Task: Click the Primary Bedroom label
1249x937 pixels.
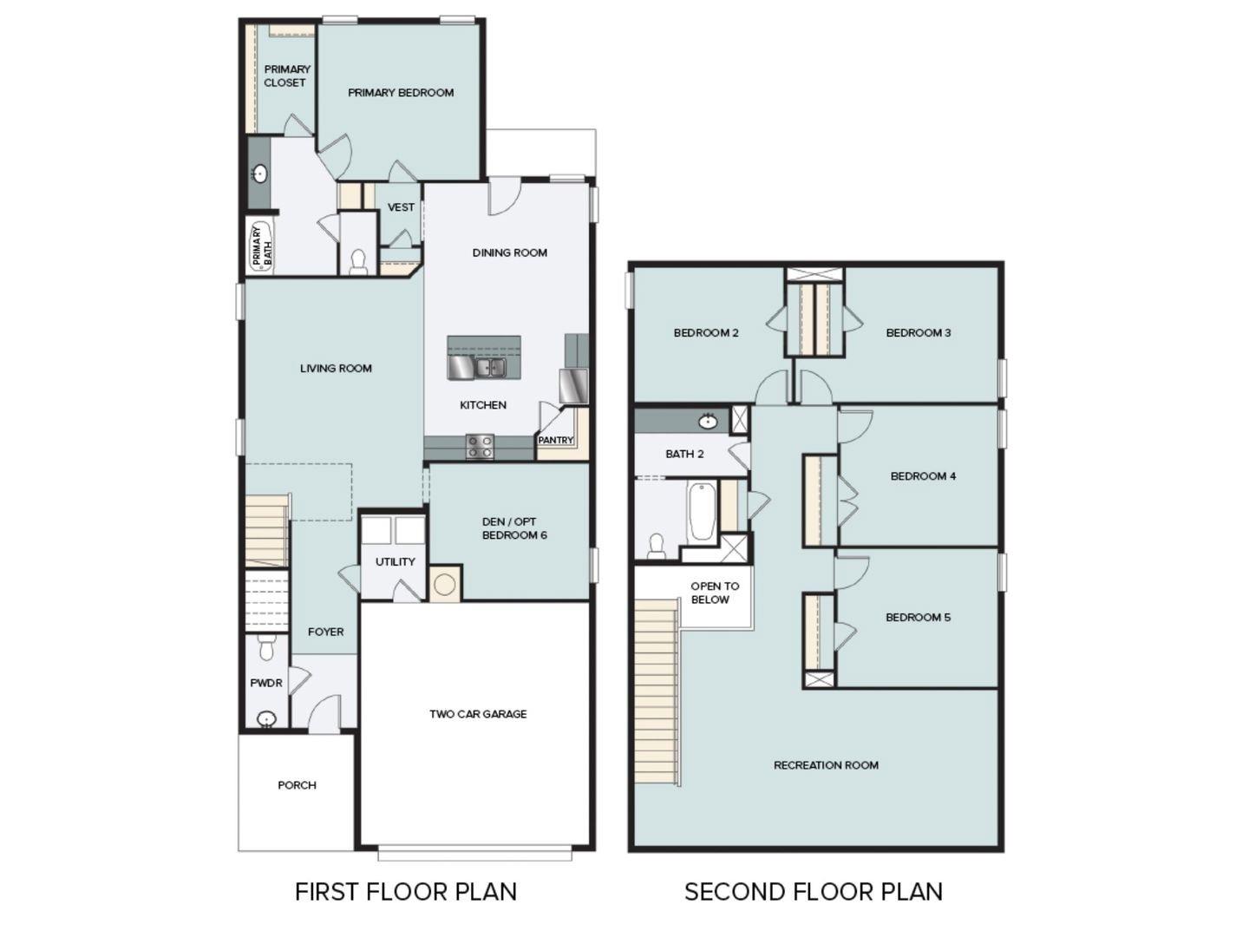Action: (x=401, y=93)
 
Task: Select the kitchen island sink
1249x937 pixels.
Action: (x=489, y=368)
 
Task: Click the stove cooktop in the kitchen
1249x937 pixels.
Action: (x=480, y=447)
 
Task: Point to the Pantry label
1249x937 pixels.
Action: (x=555, y=441)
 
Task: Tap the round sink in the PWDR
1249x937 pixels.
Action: (x=266, y=718)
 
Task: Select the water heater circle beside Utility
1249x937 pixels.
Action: (x=445, y=584)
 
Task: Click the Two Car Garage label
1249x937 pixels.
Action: (x=478, y=714)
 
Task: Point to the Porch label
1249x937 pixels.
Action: (x=297, y=785)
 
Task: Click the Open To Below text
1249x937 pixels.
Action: (x=714, y=593)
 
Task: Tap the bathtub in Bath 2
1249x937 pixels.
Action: (x=701, y=513)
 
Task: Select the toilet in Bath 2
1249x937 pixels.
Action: (x=657, y=546)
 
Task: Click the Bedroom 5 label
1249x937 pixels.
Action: (x=918, y=618)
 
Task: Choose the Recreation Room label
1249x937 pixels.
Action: (x=826, y=765)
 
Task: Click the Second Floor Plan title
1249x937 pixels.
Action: (x=813, y=892)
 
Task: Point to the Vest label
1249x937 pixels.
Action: (x=401, y=207)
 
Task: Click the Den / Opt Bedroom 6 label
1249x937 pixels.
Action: (x=513, y=528)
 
